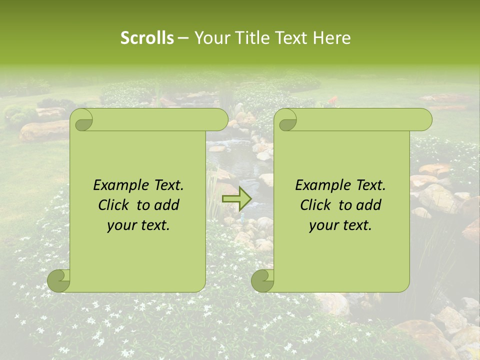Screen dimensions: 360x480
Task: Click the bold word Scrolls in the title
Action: coord(147,38)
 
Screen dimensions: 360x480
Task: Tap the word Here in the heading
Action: coord(331,38)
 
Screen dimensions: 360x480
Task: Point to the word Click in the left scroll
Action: coord(113,205)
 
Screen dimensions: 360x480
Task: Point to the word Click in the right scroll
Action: coord(315,205)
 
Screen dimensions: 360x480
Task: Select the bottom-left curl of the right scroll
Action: coord(263,279)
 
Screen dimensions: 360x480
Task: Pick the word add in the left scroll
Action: coord(167,205)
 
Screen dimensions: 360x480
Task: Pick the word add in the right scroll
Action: coord(369,205)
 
